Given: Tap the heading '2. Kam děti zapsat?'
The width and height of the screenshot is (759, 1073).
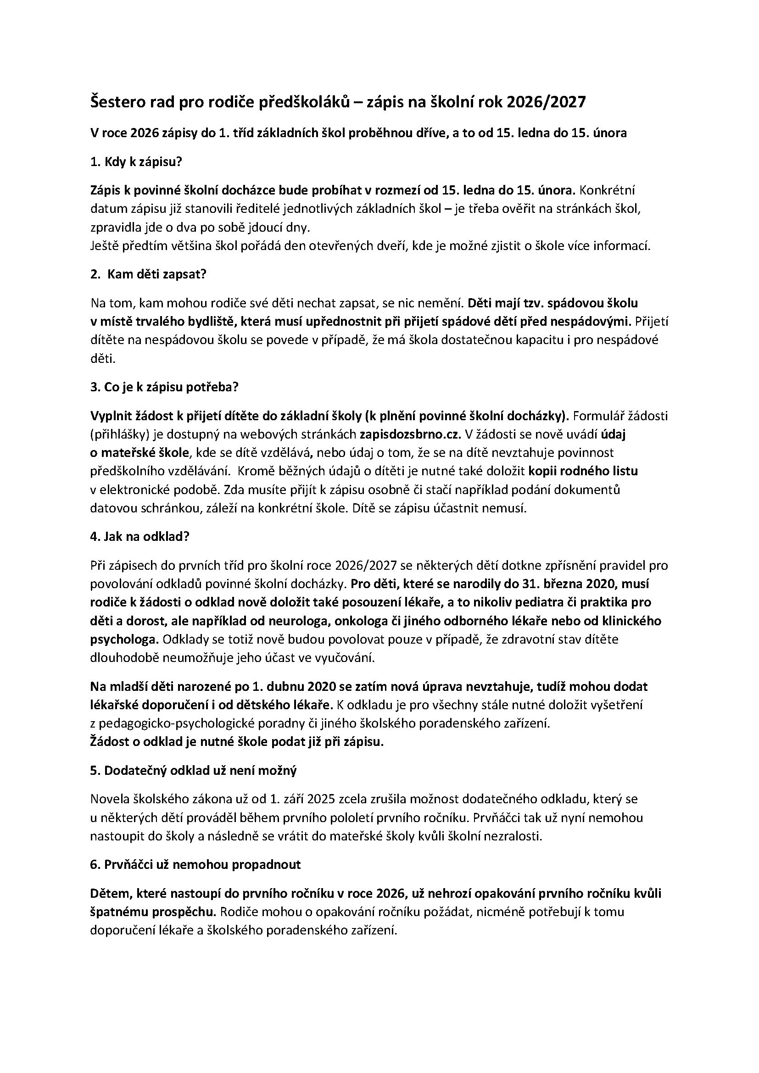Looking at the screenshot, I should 148,274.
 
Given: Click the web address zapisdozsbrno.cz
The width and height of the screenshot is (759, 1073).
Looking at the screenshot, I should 410,434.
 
